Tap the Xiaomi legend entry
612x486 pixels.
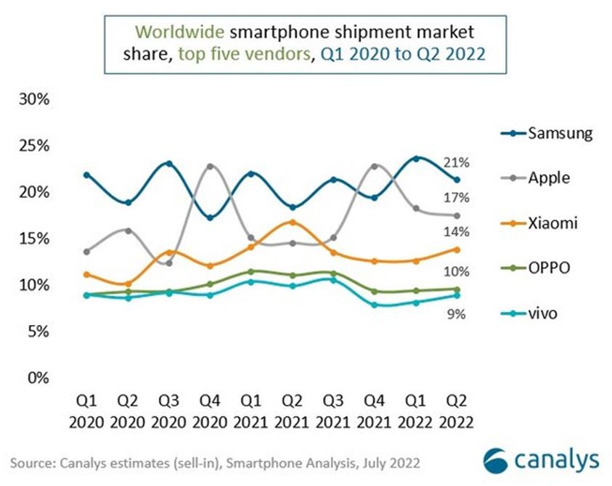tap(552, 223)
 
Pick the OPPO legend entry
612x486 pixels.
tap(548, 268)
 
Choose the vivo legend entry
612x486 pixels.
tap(543, 313)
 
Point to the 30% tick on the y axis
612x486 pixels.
tap(34, 99)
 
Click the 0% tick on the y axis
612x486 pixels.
tap(38, 378)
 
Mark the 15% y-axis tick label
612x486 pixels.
tap(34, 239)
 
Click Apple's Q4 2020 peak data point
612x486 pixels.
tap(211, 166)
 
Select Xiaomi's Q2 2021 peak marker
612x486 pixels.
tap(293, 222)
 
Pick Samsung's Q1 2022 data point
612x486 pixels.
tap(416, 158)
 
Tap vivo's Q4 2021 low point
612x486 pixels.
tap(375, 305)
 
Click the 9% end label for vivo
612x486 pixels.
tap(456, 314)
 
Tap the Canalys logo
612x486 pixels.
tap(541, 460)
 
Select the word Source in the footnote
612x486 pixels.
tap(34, 462)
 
